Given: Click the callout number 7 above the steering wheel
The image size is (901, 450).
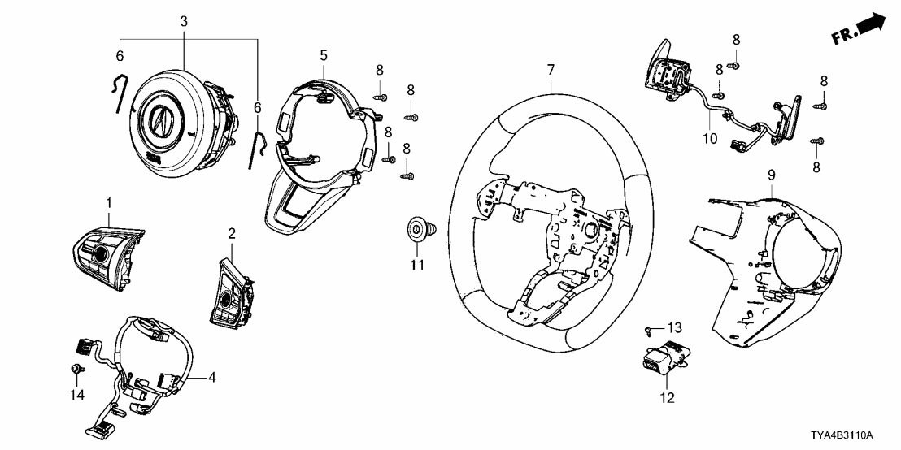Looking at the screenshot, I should click(551, 71).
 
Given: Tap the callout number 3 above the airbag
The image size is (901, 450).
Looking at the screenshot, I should click(184, 19).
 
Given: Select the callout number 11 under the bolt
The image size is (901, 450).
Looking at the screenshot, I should click(416, 265).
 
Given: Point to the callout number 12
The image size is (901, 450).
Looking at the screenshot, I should click(666, 398).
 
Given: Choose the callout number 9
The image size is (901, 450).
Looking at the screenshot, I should click(771, 175).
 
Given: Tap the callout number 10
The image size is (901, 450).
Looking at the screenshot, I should click(710, 139).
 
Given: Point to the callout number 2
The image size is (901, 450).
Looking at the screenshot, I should click(232, 234).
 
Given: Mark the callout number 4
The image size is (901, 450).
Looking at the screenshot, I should click(211, 377).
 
